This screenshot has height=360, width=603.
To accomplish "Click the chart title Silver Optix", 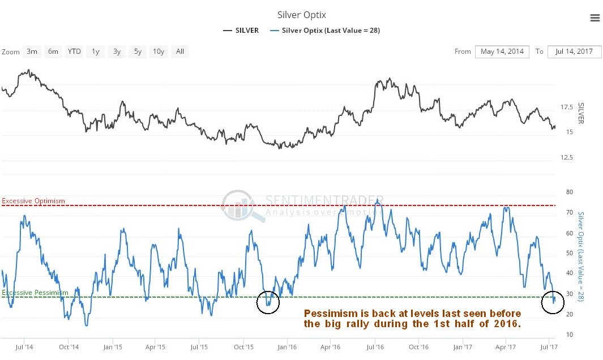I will point(301,15).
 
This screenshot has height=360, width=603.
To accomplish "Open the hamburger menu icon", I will point(595,18).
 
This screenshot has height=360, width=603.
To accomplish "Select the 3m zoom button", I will point(32,52).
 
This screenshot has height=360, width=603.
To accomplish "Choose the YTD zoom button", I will point(74,52).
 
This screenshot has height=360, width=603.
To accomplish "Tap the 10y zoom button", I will point(159,52).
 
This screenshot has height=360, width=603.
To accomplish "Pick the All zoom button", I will point(179,52).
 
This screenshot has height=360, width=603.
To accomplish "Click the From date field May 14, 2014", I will point(502,52).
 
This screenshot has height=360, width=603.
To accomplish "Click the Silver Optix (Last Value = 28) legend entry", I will point(325,31).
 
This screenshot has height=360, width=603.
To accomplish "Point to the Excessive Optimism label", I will point(33,201).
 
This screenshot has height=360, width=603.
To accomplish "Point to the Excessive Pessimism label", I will point(35,293).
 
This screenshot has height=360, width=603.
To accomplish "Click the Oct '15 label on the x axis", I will point(243,346).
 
